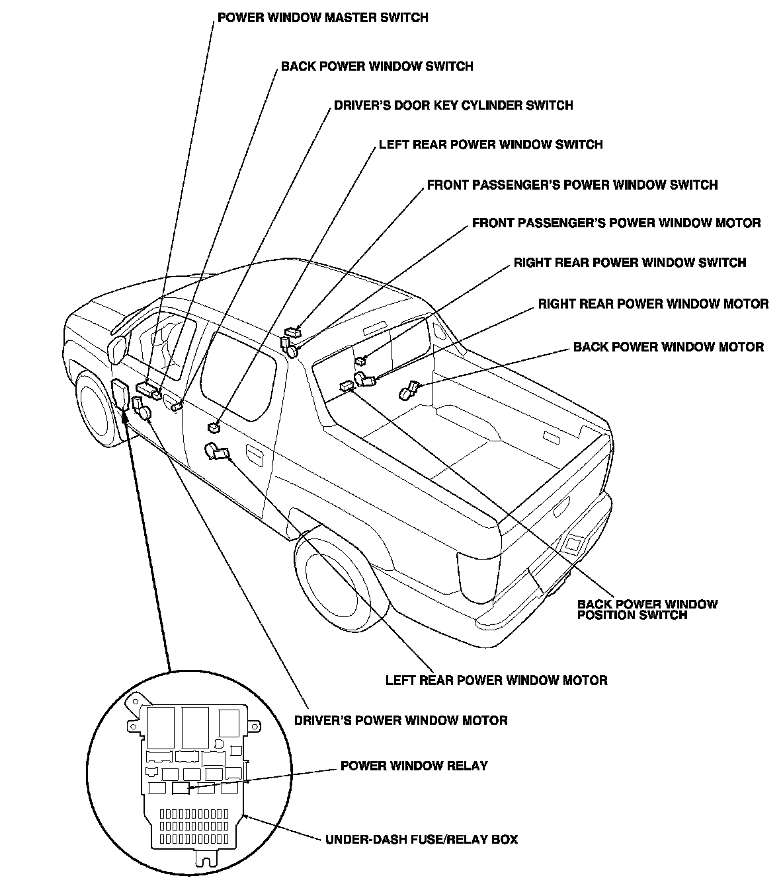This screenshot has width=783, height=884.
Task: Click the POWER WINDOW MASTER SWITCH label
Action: (323, 17)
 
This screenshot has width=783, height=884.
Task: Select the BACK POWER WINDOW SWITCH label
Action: (377, 66)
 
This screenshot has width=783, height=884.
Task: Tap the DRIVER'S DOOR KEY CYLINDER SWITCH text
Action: (453, 105)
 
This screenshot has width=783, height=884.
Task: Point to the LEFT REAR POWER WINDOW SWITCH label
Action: (490, 145)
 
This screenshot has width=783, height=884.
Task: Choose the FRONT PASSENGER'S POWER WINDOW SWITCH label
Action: (572, 185)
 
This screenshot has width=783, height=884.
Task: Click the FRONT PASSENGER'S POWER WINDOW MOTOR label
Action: (616, 223)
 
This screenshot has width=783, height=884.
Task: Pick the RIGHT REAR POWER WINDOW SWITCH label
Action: (630, 263)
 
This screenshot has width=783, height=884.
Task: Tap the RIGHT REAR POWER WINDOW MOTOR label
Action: (653, 304)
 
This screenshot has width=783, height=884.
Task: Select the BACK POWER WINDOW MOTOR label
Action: (668, 347)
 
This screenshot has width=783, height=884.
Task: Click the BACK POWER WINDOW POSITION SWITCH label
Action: (647, 609)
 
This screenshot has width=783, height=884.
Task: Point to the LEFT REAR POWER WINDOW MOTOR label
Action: (496, 680)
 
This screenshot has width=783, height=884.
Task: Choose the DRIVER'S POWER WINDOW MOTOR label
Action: (401, 720)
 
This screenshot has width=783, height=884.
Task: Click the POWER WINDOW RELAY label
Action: (414, 766)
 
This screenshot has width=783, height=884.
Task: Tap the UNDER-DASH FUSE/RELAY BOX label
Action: (421, 840)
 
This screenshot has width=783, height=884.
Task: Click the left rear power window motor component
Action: (216, 451)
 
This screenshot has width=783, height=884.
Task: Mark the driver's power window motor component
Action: (144, 412)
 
